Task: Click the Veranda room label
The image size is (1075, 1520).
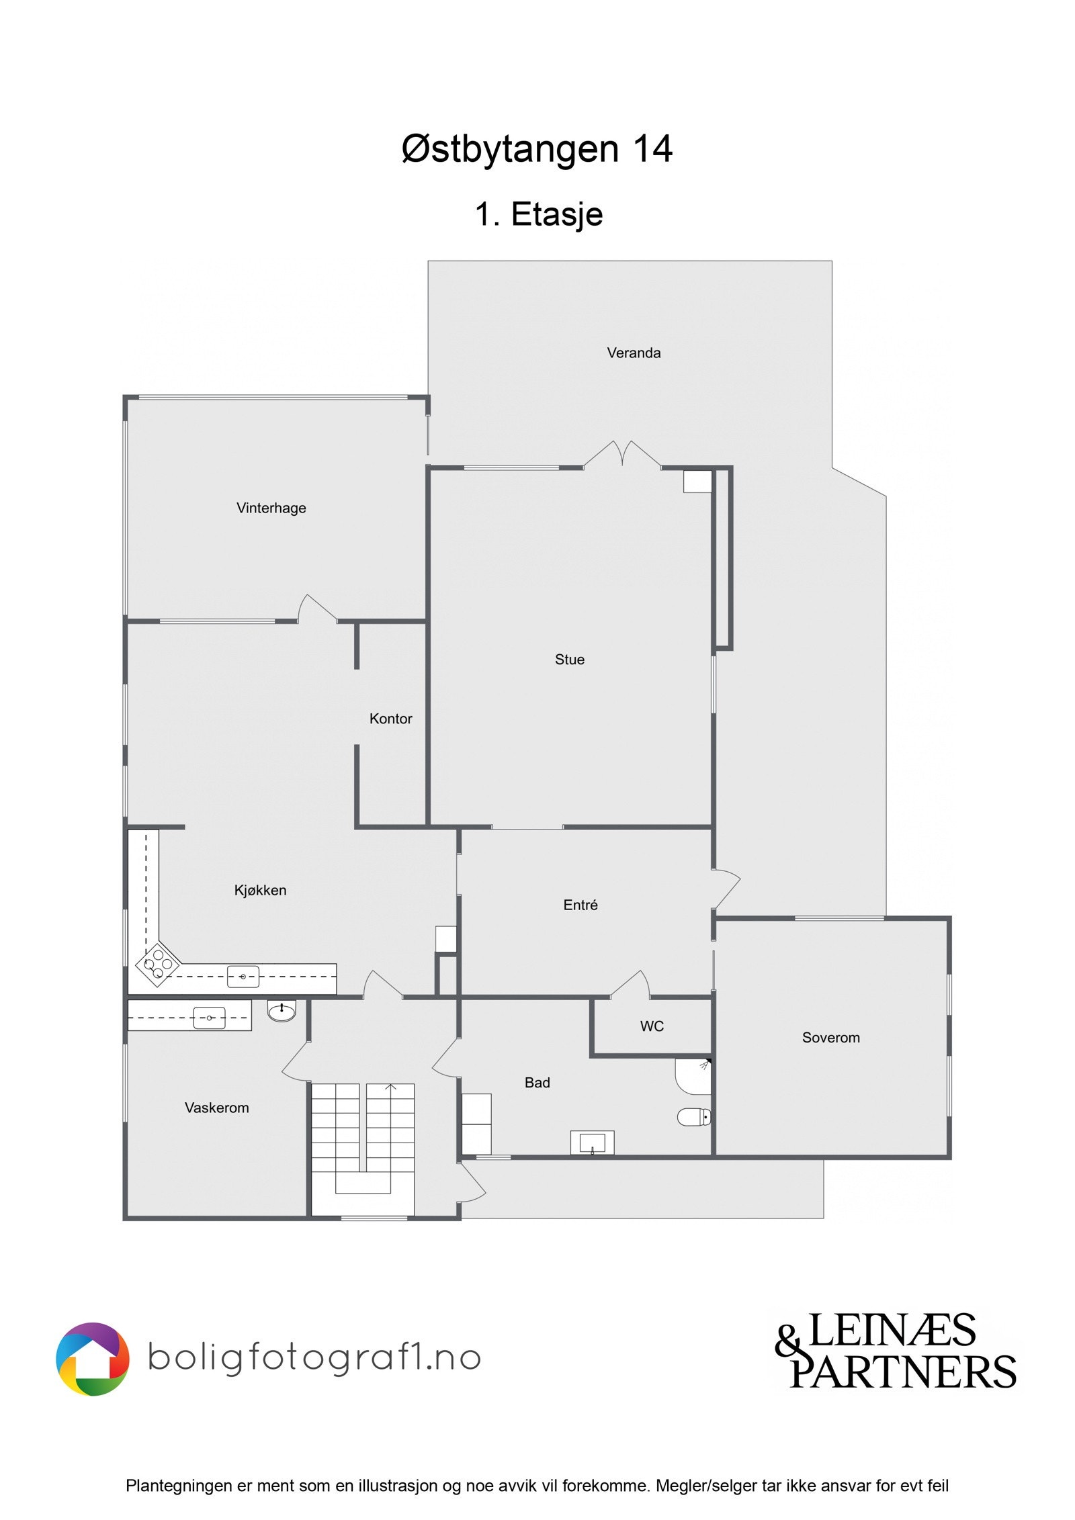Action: (633, 353)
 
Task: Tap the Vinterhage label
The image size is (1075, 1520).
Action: (271, 508)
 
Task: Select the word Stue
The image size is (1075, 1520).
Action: (569, 660)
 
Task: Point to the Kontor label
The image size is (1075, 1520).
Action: (390, 719)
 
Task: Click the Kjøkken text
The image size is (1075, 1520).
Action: (260, 890)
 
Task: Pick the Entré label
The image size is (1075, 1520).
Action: (580, 905)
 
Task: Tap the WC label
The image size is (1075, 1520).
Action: (651, 1026)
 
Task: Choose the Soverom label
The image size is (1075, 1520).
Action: (830, 1038)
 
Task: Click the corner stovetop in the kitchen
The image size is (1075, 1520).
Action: (158, 965)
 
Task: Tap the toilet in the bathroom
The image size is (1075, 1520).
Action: (694, 1117)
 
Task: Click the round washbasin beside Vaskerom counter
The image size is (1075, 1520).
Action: (282, 1010)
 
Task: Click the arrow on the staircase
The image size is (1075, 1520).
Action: (390, 1087)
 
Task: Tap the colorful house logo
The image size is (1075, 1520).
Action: (92, 1359)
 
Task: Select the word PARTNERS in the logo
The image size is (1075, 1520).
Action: (902, 1372)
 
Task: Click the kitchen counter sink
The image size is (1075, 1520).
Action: (243, 977)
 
